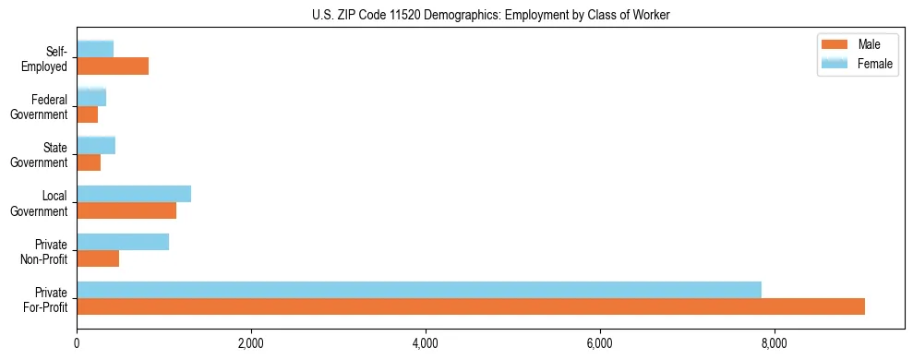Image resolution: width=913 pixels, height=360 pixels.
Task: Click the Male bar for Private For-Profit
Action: [471, 306]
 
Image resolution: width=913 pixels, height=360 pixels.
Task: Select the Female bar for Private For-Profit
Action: [419, 290]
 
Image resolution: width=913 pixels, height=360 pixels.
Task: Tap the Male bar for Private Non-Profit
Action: [98, 258]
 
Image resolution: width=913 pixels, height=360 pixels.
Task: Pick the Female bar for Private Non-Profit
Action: [123, 242]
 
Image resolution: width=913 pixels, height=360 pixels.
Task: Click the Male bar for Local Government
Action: [126, 210]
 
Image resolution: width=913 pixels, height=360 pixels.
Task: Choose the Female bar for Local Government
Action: [134, 194]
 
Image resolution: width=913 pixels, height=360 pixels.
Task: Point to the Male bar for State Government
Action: [89, 162]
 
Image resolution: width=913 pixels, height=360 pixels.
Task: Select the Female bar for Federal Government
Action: [91, 98]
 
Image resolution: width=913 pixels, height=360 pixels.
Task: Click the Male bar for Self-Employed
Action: [113, 66]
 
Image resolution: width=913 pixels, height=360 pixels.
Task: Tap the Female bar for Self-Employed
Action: [95, 50]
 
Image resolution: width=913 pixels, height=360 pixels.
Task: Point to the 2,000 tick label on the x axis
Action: [251, 344]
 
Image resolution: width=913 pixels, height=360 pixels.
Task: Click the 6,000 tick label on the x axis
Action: [600, 344]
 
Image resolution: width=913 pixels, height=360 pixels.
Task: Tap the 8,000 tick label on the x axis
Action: [774, 344]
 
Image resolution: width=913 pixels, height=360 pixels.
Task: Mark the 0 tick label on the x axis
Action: [78, 344]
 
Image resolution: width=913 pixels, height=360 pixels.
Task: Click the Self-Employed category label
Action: [50, 58]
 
